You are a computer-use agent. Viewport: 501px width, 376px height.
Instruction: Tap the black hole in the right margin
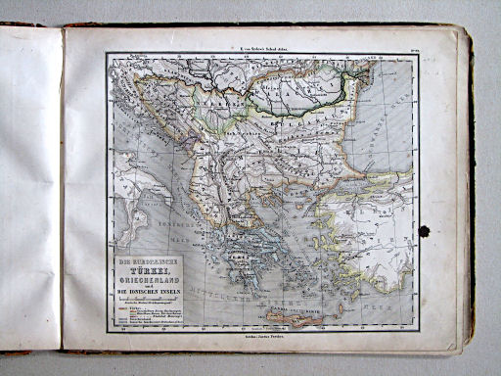(x=423, y=232)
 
